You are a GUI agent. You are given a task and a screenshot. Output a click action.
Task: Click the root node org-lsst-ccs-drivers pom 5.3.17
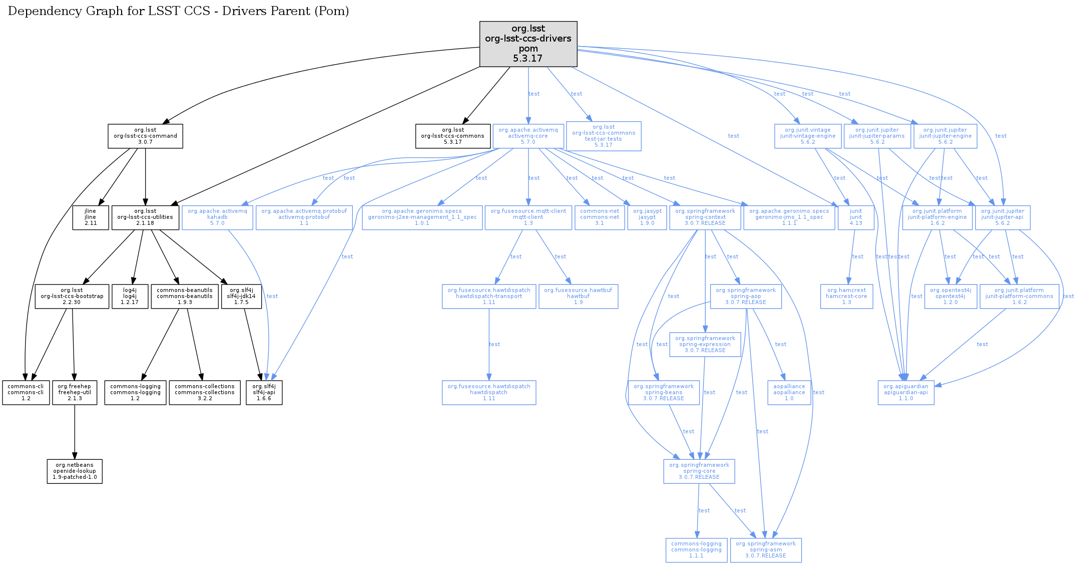pyautogui.click(x=528, y=44)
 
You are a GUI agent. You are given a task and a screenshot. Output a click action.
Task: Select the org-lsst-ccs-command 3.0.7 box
pyautogui.click(x=145, y=136)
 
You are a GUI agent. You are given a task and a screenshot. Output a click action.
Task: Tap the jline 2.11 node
pyautogui.click(x=91, y=217)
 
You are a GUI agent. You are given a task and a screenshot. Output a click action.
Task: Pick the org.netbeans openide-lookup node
pyautogui.click(x=75, y=471)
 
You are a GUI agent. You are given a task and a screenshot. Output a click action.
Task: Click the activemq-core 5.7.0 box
pyautogui.click(x=528, y=136)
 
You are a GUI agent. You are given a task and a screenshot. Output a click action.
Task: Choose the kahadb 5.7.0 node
pyautogui.click(x=217, y=217)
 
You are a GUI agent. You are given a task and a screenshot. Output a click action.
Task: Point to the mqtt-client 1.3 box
pyautogui.click(x=528, y=217)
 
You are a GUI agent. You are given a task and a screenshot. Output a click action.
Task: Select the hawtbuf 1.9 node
pyautogui.click(x=578, y=297)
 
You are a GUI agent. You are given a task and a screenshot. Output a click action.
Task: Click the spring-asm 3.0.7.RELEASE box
pyautogui.click(x=766, y=550)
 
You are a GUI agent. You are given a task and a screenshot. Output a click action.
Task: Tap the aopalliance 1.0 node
pyautogui.click(x=789, y=393)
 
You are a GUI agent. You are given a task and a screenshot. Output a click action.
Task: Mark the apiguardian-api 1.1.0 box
pyautogui.click(x=906, y=393)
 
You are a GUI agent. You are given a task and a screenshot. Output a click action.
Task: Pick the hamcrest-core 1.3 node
pyautogui.click(x=846, y=297)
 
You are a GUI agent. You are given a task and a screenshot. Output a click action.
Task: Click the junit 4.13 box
pyautogui.click(x=856, y=217)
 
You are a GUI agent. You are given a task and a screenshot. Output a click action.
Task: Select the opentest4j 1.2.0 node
pyautogui.click(x=950, y=297)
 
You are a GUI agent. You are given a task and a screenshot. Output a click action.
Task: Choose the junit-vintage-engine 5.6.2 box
pyautogui.click(x=808, y=136)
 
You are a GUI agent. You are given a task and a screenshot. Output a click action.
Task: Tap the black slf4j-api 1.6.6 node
pyautogui.click(x=264, y=393)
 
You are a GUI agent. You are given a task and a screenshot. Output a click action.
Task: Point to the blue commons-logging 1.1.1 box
pyautogui.click(x=696, y=550)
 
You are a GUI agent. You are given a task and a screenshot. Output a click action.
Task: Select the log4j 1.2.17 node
pyautogui.click(x=130, y=297)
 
